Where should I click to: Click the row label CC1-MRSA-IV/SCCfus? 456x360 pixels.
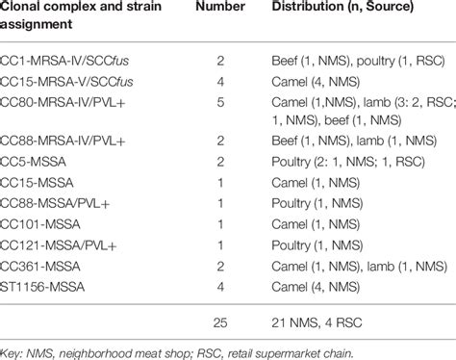[x=73, y=60]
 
